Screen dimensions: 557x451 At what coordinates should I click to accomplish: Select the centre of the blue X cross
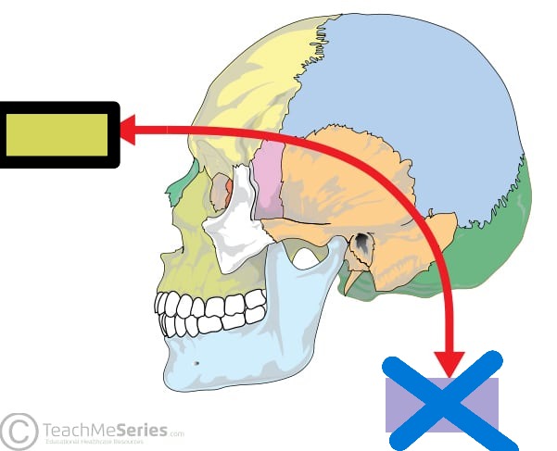(x=443, y=398)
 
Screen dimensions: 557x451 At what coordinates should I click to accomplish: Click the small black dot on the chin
(x=196, y=363)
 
